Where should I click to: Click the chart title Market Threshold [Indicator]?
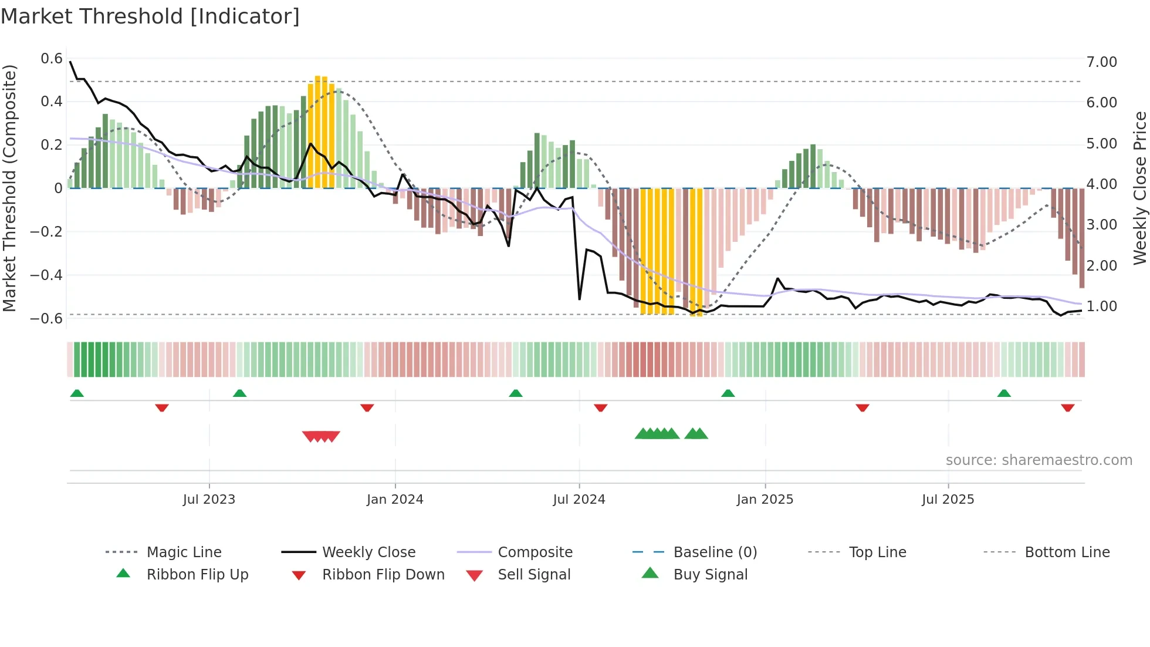pyautogui.click(x=150, y=16)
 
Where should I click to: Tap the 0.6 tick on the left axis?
pyautogui.click(x=52, y=59)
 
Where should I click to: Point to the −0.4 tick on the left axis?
pyautogui.click(x=46, y=275)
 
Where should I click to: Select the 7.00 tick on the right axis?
pyautogui.click(x=1101, y=62)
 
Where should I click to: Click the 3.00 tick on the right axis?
pyautogui.click(x=1101, y=225)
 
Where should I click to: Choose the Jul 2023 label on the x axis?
pyautogui.click(x=209, y=500)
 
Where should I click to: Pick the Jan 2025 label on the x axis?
pyautogui.click(x=765, y=500)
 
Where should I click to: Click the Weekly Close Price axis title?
pyautogui.click(x=1139, y=188)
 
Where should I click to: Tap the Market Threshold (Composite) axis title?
pyautogui.click(x=9, y=188)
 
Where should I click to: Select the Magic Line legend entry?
pyautogui.click(x=184, y=552)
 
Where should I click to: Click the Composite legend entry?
pyautogui.click(x=535, y=552)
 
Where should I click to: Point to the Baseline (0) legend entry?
pyautogui.click(x=715, y=552)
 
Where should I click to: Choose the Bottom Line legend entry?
pyautogui.click(x=1067, y=552)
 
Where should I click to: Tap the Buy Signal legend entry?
pyautogui.click(x=710, y=575)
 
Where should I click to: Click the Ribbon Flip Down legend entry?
pyautogui.click(x=383, y=575)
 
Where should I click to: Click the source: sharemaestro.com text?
pyautogui.click(x=1039, y=460)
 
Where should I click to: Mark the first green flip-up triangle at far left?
pyautogui.click(x=77, y=393)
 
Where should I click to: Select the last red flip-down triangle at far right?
pyautogui.click(x=1067, y=407)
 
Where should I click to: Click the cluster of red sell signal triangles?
pyautogui.click(x=321, y=436)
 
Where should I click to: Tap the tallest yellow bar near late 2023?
pyautogui.click(x=318, y=132)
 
